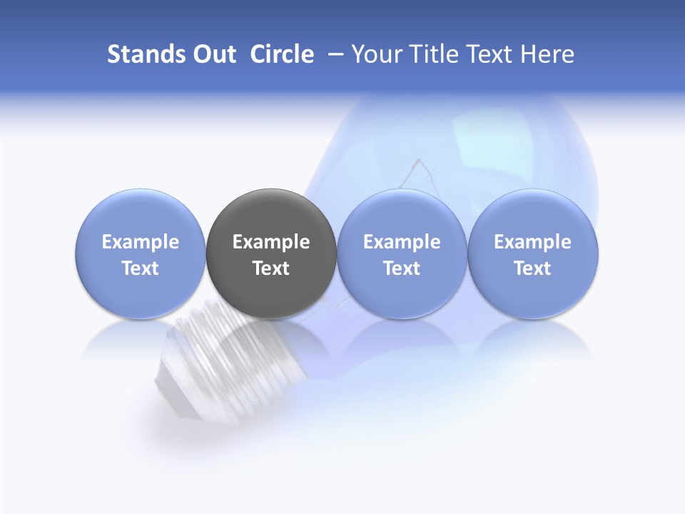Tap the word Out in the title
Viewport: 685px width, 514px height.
point(214,54)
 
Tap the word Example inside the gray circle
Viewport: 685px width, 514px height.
point(271,242)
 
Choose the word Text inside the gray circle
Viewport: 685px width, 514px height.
point(271,268)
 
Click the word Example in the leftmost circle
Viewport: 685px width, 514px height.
point(140,242)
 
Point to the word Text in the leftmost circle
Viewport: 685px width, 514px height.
point(140,268)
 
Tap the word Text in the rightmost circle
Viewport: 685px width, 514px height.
point(533,268)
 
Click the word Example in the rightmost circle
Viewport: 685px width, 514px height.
point(533,242)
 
